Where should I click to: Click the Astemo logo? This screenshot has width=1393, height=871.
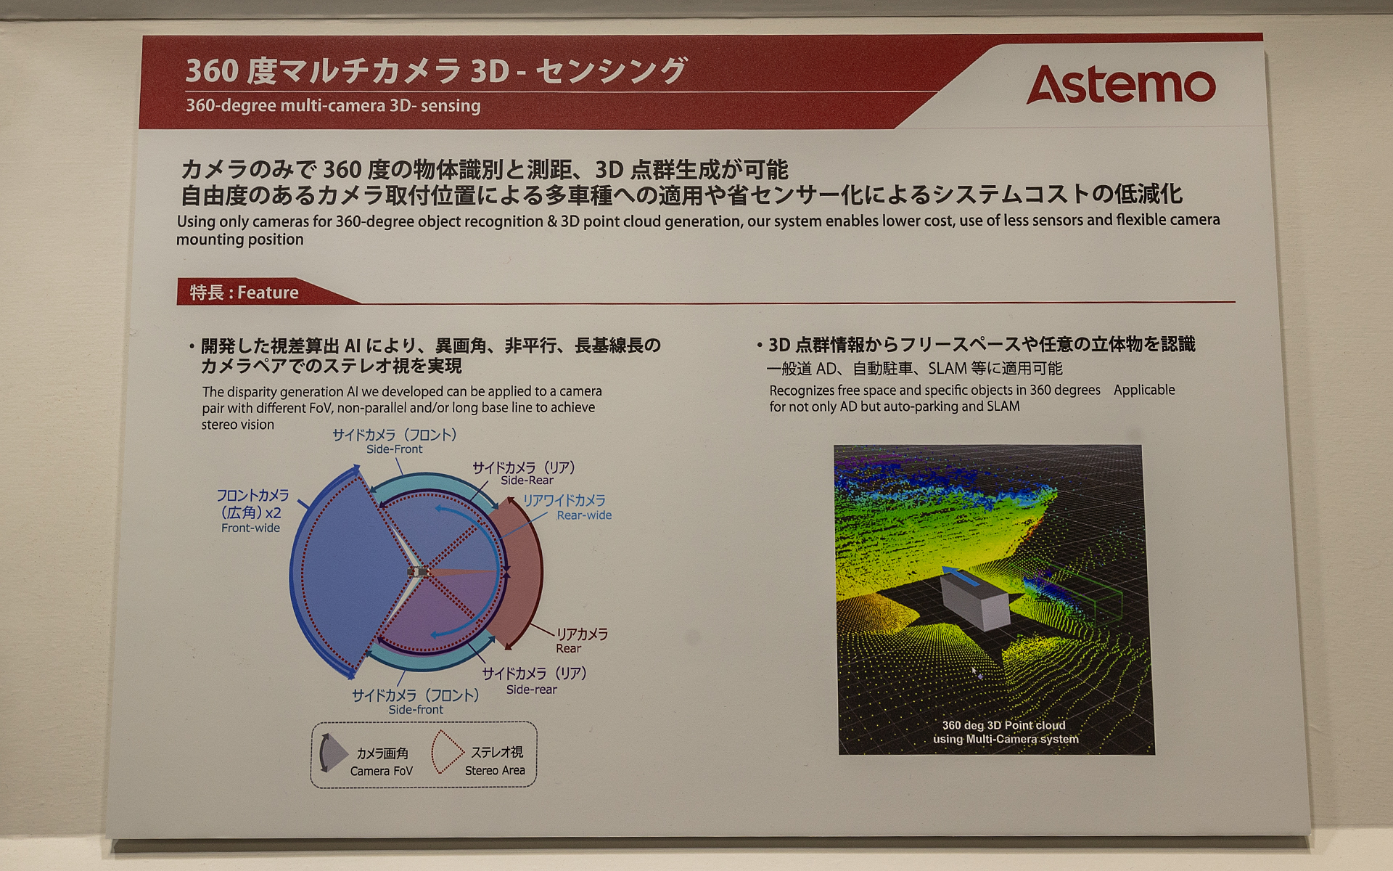pyautogui.click(x=1121, y=85)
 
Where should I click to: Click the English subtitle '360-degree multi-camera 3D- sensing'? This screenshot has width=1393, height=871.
pyautogui.click(x=333, y=106)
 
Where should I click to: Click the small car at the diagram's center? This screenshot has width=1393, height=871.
pyautogui.click(x=418, y=572)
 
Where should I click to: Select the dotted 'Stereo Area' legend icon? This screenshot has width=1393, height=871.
pyautogui.click(x=446, y=753)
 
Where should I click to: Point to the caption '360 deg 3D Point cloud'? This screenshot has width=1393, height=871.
pyautogui.click(x=1003, y=725)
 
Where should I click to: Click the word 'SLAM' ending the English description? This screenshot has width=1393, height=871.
pyautogui.click(x=1003, y=406)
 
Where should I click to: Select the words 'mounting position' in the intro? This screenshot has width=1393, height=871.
pyautogui.click(x=240, y=240)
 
